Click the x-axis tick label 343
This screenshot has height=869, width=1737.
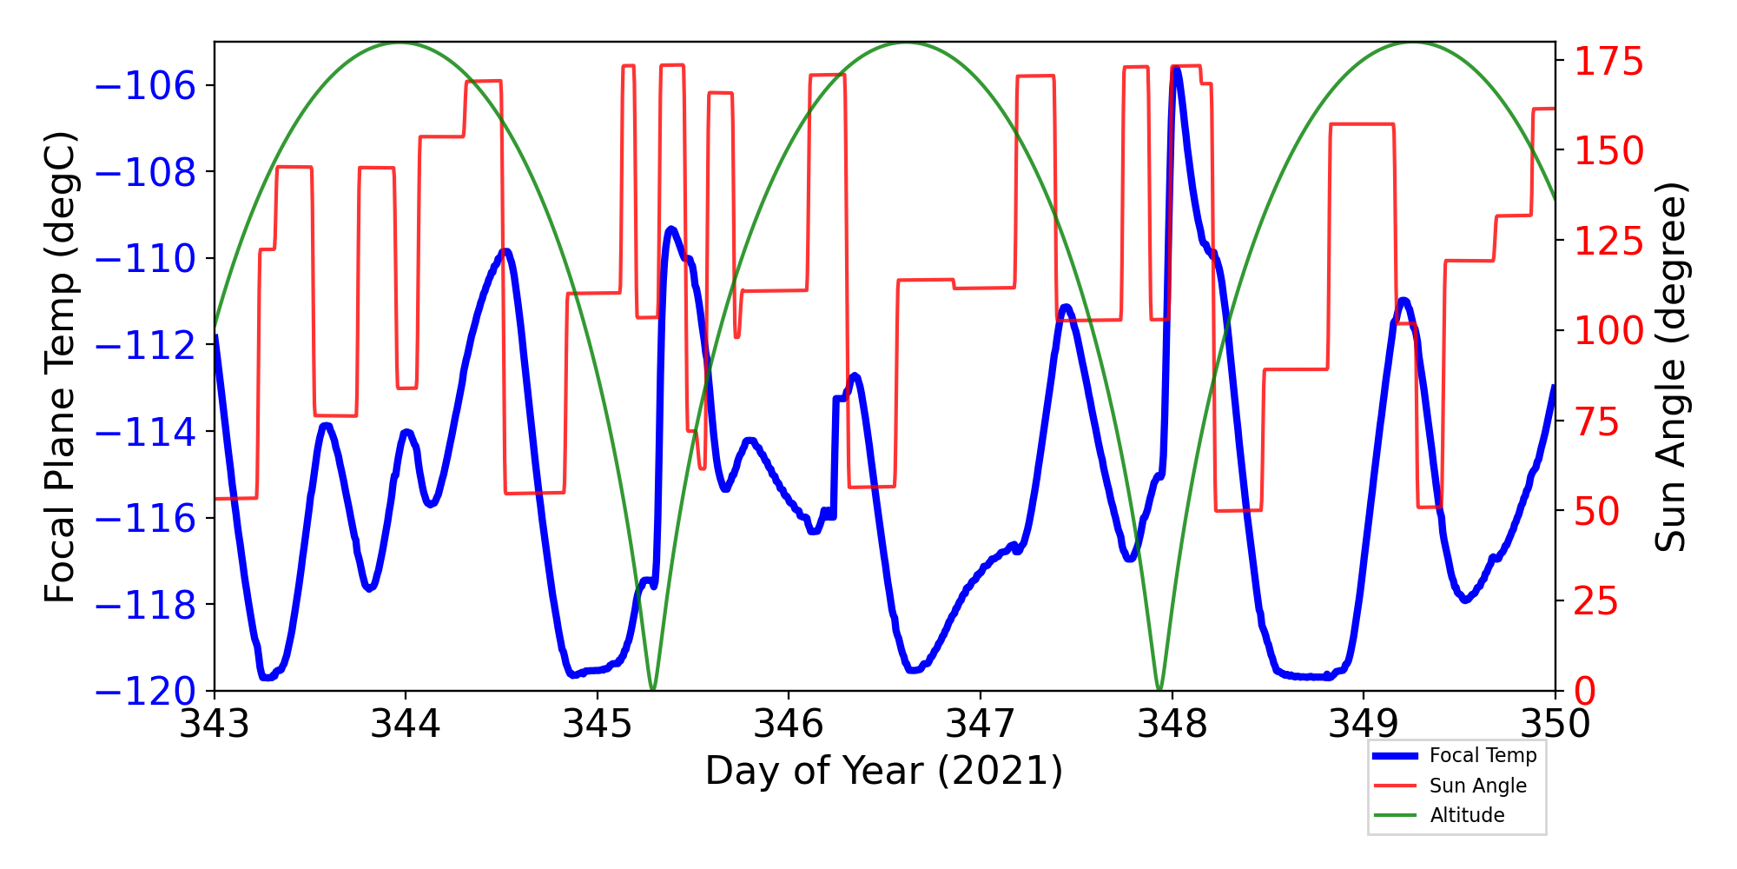pos(215,724)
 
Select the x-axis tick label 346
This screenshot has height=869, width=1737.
pos(789,724)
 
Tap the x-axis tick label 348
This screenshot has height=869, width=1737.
pos(1172,724)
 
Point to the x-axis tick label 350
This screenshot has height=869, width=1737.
pos(1555,724)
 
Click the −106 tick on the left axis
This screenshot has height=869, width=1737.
pos(145,86)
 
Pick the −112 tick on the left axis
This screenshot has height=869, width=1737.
pos(145,346)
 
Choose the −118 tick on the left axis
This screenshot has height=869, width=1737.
pos(145,605)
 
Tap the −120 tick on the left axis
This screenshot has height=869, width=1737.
pos(145,692)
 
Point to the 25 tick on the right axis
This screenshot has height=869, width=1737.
pos(1598,601)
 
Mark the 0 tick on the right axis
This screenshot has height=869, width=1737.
pos(1586,692)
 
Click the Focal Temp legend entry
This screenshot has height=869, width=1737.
pos(1483,756)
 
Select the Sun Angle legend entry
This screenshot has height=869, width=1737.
pos(1477,786)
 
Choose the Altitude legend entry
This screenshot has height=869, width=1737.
pos(1467,815)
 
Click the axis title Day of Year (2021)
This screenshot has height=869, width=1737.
pos(883,771)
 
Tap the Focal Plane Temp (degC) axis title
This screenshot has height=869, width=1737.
pos(60,367)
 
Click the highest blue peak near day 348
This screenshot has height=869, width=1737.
pos(1176,69)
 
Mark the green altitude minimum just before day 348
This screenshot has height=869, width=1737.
pos(1159,689)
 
